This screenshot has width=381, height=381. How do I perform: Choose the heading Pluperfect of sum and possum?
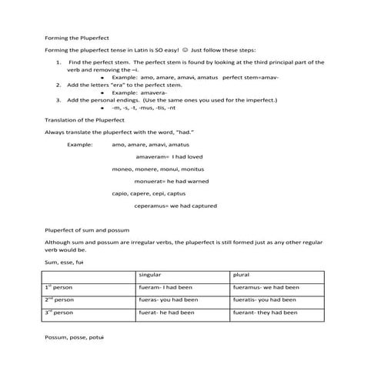tap(87, 230)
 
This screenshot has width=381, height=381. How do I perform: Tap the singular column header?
tap(149, 275)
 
